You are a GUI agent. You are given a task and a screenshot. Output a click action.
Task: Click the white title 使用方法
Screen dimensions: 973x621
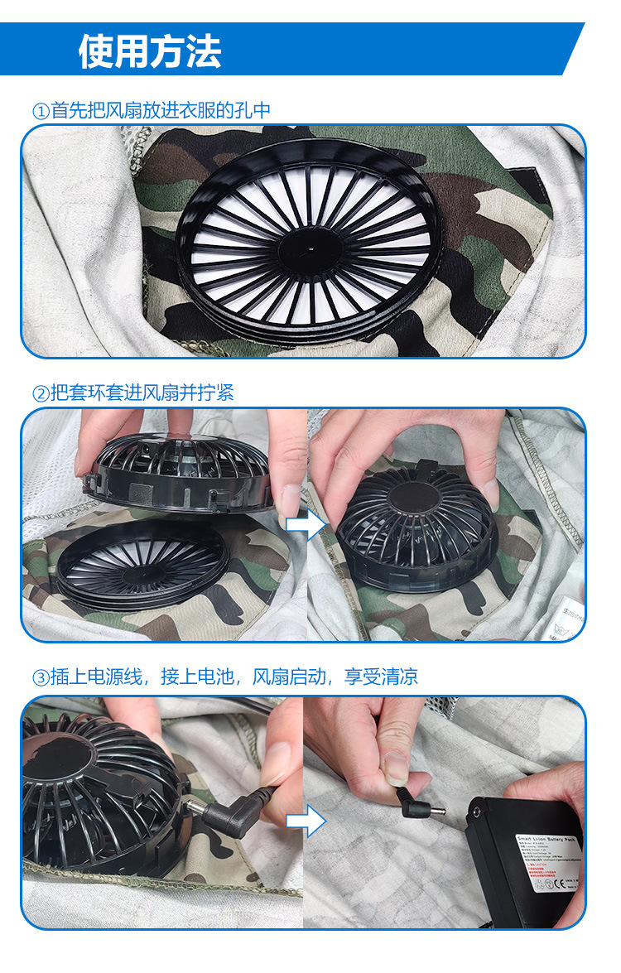pos(150,51)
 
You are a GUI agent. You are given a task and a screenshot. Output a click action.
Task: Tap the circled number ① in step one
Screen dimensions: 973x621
pos(41,111)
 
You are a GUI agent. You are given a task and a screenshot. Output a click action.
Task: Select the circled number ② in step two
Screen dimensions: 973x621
pos(41,393)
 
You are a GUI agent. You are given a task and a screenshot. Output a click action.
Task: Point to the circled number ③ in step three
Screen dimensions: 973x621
pos(41,677)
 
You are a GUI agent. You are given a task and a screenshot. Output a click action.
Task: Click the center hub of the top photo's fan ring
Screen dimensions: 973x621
pos(309,246)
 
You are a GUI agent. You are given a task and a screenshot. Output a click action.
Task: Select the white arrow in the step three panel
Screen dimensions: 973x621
pos(306,821)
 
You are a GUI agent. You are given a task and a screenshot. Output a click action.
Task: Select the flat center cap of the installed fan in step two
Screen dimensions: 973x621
pos(413,500)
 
